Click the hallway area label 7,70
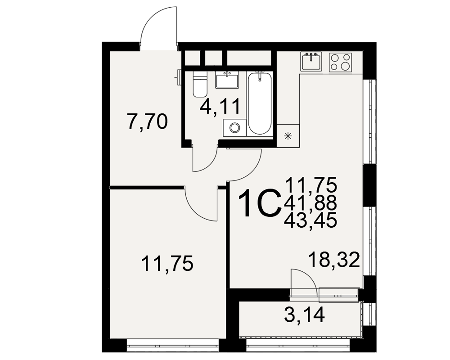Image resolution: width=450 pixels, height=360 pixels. (x=148, y=122)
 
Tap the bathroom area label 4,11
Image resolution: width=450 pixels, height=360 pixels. (x=220, y=107)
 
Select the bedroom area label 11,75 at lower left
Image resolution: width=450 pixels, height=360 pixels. (x=167, y=263)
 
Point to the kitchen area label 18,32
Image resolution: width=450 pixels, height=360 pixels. (x=334, y=260)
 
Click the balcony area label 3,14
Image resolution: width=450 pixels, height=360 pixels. (x=305, y=315)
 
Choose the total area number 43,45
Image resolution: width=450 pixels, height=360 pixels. (x=310, y=221)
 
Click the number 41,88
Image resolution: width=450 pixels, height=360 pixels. (x=310, y=203)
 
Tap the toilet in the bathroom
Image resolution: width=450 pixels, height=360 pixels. (x=200, y=84)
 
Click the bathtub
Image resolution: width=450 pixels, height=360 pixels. (x=260, y=103)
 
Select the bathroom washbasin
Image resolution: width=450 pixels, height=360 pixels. (x=227, y=81)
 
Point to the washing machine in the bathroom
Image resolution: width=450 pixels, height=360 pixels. (x=234, y=128)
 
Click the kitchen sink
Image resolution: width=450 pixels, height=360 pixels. (x=311, y=62)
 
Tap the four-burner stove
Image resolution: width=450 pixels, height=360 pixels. (x=340, y=62)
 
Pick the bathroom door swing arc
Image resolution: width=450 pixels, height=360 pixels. (x=208, y=164)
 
